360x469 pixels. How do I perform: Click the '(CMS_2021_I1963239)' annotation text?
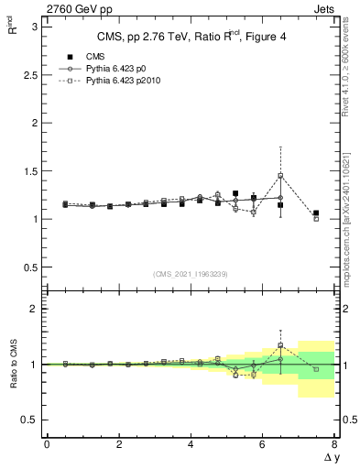click(191, 273)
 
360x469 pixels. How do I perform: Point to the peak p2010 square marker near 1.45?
click(280, 176)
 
